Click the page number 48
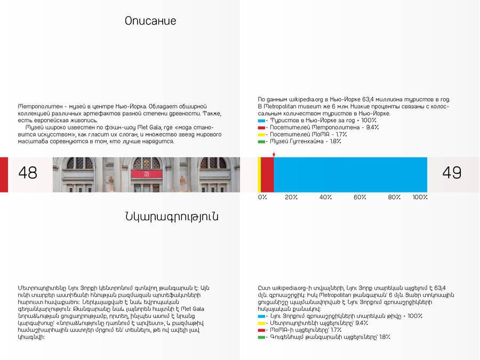pos(28,173)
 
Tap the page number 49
pos(452,173)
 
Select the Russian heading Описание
pos(150,21)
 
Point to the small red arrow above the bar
pos(274,154)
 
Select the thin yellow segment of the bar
pos(259,174)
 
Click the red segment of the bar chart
pos(267,174)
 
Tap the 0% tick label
pos(262,197)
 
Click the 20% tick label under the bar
pos(291,197)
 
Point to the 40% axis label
pos(326,197)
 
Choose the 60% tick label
pos(360,197)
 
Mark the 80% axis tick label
pos(394,197)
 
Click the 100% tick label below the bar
pos(420,197)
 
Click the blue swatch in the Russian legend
pos(261,121)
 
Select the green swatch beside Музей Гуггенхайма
pos(261,142)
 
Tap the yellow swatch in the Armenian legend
pos(261,323)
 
